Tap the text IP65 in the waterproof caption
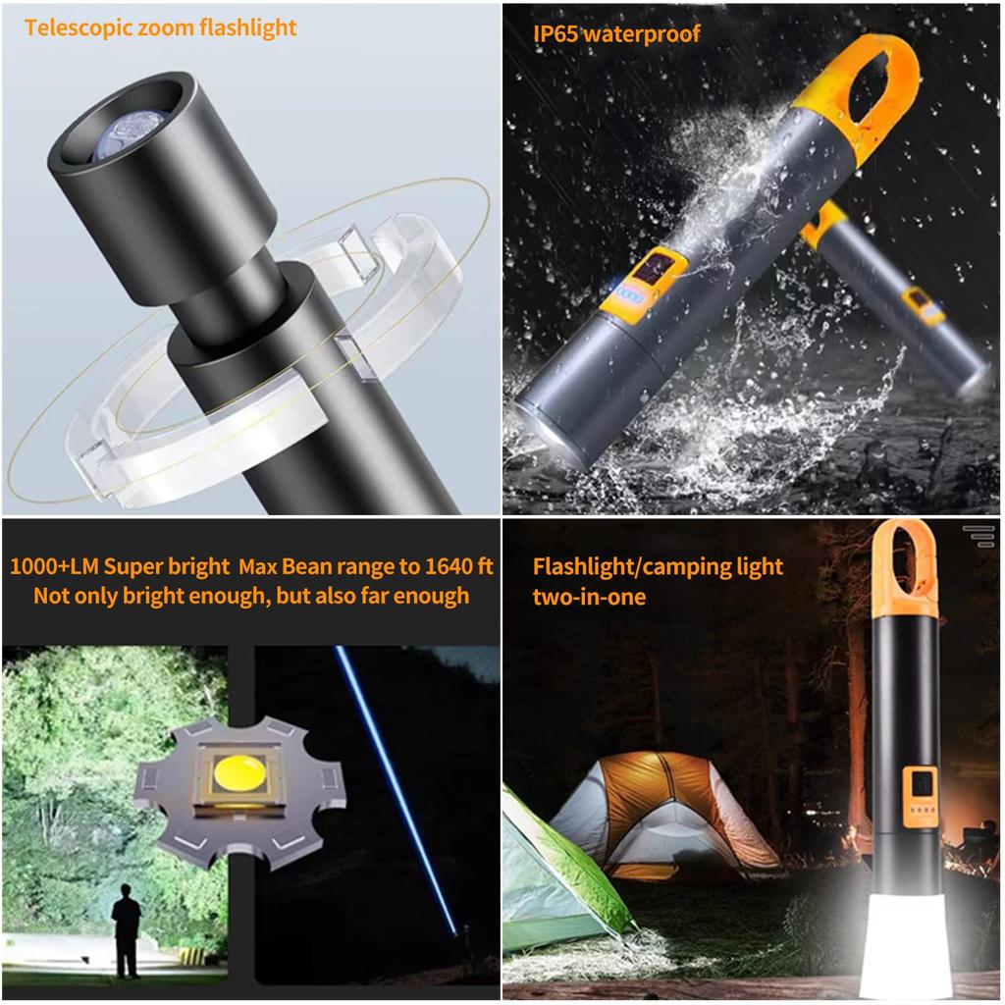click(556, 34)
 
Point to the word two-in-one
click(589, 596)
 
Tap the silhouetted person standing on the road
click(126, 928)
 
